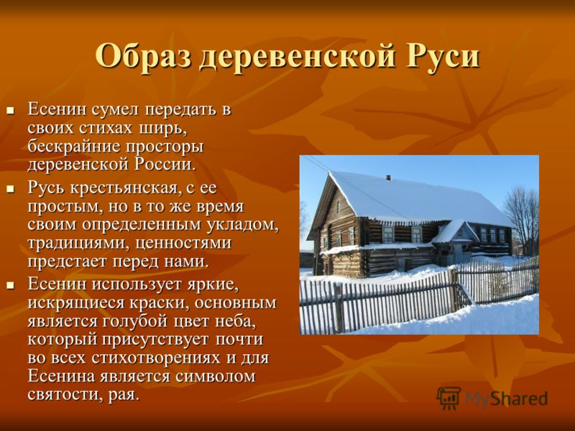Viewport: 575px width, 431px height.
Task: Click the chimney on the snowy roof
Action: tap(388, 177)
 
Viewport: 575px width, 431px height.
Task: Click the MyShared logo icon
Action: tap(448, 398)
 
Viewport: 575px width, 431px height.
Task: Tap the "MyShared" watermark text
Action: tap(506, 399)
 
